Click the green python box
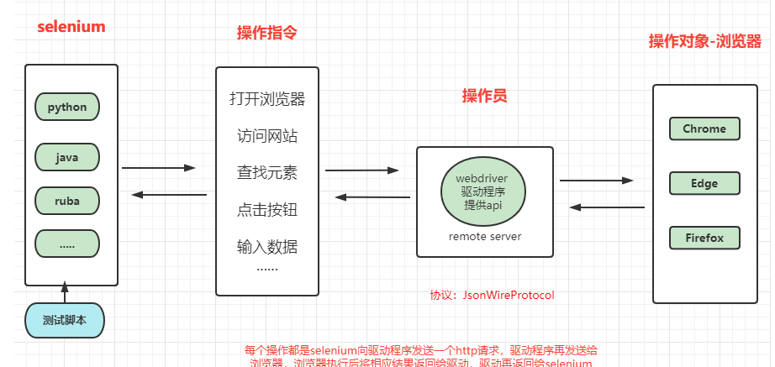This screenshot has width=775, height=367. (67, 107)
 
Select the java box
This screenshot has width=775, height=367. (67, 157)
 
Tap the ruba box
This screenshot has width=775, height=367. (67, 202)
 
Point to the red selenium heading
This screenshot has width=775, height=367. (71, 27)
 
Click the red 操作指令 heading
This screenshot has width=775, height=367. (267, 33)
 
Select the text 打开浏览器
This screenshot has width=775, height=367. (267, 99)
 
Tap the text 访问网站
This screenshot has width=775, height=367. (267, 136)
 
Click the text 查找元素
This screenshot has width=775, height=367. (267, 173)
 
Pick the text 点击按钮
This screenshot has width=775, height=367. (267, 210)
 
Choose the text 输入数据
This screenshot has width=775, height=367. (267, 247)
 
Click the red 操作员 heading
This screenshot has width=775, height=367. (485, 96)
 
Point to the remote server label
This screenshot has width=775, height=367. (485, 237)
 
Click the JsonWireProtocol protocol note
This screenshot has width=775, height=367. (493, 296)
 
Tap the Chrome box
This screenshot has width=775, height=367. (704, 128)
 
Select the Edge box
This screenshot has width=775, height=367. (704, 183)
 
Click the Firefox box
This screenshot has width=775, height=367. (704, 238)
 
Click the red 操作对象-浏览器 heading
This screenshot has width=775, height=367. (705, 42)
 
